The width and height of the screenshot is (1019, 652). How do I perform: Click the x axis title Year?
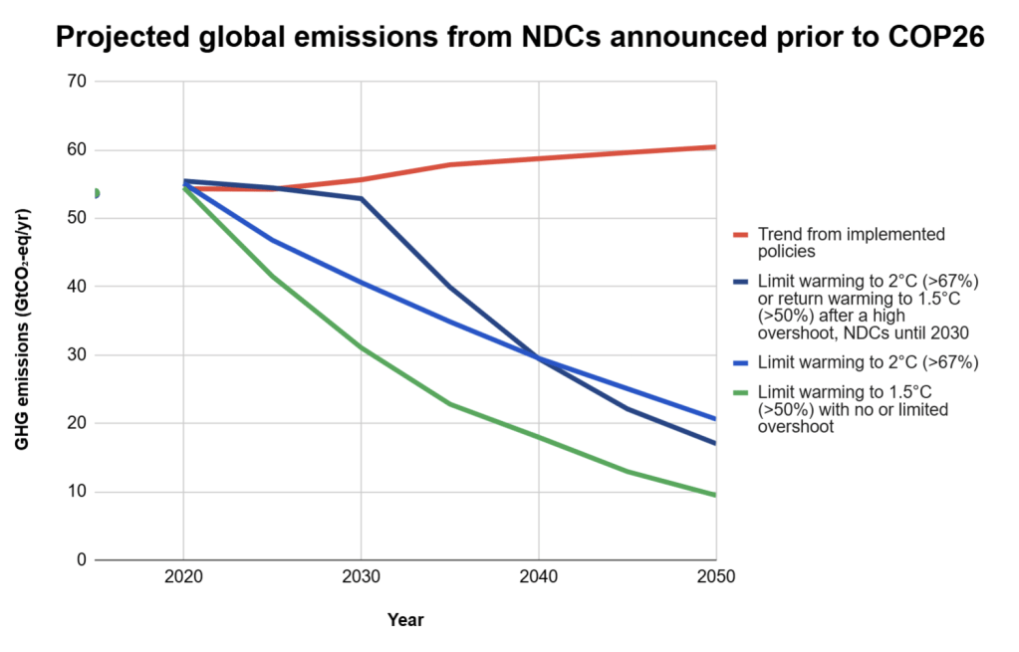point(405,620)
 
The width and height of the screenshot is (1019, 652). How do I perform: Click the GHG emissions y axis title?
point(22,328)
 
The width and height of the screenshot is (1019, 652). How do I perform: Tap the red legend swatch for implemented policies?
point(741,235)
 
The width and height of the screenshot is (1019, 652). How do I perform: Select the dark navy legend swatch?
point(741,282)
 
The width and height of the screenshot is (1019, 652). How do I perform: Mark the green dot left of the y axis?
point(95,193)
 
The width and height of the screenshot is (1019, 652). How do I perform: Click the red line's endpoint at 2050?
point(715,147)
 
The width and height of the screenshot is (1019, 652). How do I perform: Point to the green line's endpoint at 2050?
point(715,495)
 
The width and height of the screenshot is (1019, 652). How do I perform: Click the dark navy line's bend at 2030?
point(361,199)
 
